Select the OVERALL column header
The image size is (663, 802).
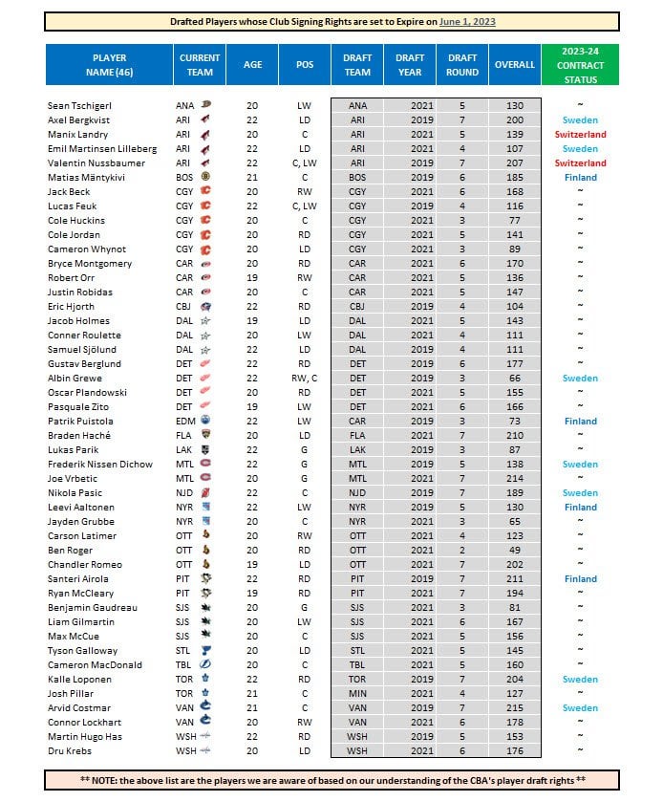pyautogui.click(x=515, y=65)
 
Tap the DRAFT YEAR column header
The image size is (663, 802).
pyautogui.click(x=410, y=65)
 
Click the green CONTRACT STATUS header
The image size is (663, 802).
pyautogui.click(x=580, y=65)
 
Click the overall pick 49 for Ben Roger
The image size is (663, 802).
pyautogui.click(x=515, y=551)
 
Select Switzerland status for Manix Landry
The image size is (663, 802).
pyautogui.click(x=580, y=135)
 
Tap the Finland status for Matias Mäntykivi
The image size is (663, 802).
pyautogui.click(x=580, y=178)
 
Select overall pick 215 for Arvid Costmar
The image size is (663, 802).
pyautogui.click(x=515, y=708)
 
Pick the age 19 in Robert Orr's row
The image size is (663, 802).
pyautogui.click(x=252, y=278)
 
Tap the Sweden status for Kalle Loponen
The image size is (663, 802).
pyautogui.click(x=580, y=680)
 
